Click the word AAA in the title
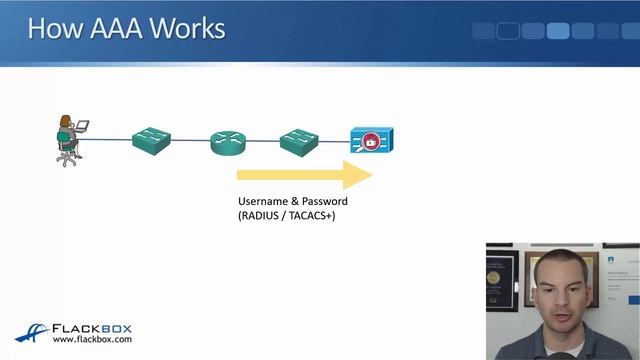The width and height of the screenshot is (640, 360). pos(110,27)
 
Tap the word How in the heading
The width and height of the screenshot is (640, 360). pos(51,27)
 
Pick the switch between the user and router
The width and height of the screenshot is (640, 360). pos(152,139)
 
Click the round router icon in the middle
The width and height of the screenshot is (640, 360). pos(228,142)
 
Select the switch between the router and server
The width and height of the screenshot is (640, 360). pos(298,139)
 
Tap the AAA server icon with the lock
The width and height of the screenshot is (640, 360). pos(371,141)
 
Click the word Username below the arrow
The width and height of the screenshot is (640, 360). pos(263,201)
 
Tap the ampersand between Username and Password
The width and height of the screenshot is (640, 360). pos(295,201)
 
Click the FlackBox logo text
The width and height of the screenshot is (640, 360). pos(91,328)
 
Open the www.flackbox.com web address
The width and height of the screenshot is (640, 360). pos(91,340)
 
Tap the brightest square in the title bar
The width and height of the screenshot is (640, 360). pos(558,31)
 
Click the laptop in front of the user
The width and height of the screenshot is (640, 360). pos(82,127)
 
